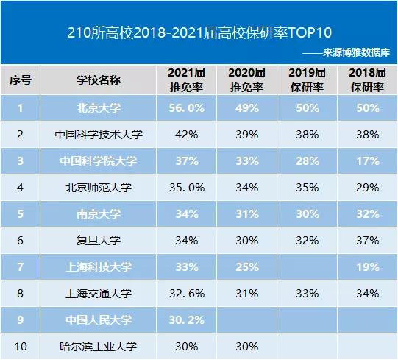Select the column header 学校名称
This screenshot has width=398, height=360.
(99, 80)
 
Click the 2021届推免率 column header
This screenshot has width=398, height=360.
(186, 80)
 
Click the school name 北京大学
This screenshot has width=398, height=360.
(99, 108)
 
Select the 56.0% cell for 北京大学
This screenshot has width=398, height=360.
(186, 108)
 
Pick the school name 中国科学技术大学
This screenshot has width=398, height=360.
(99, 135)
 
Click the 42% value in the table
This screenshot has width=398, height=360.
(186, 135)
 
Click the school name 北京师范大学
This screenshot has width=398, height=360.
(99, 188)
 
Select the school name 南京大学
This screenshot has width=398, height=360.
(99, 214)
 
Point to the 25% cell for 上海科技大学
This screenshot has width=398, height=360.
(246, 267)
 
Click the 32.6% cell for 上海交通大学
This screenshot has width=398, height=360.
(186, 294)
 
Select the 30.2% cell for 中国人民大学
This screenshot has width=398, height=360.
(186, 320)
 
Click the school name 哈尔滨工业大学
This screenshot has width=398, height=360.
(99, 346)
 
